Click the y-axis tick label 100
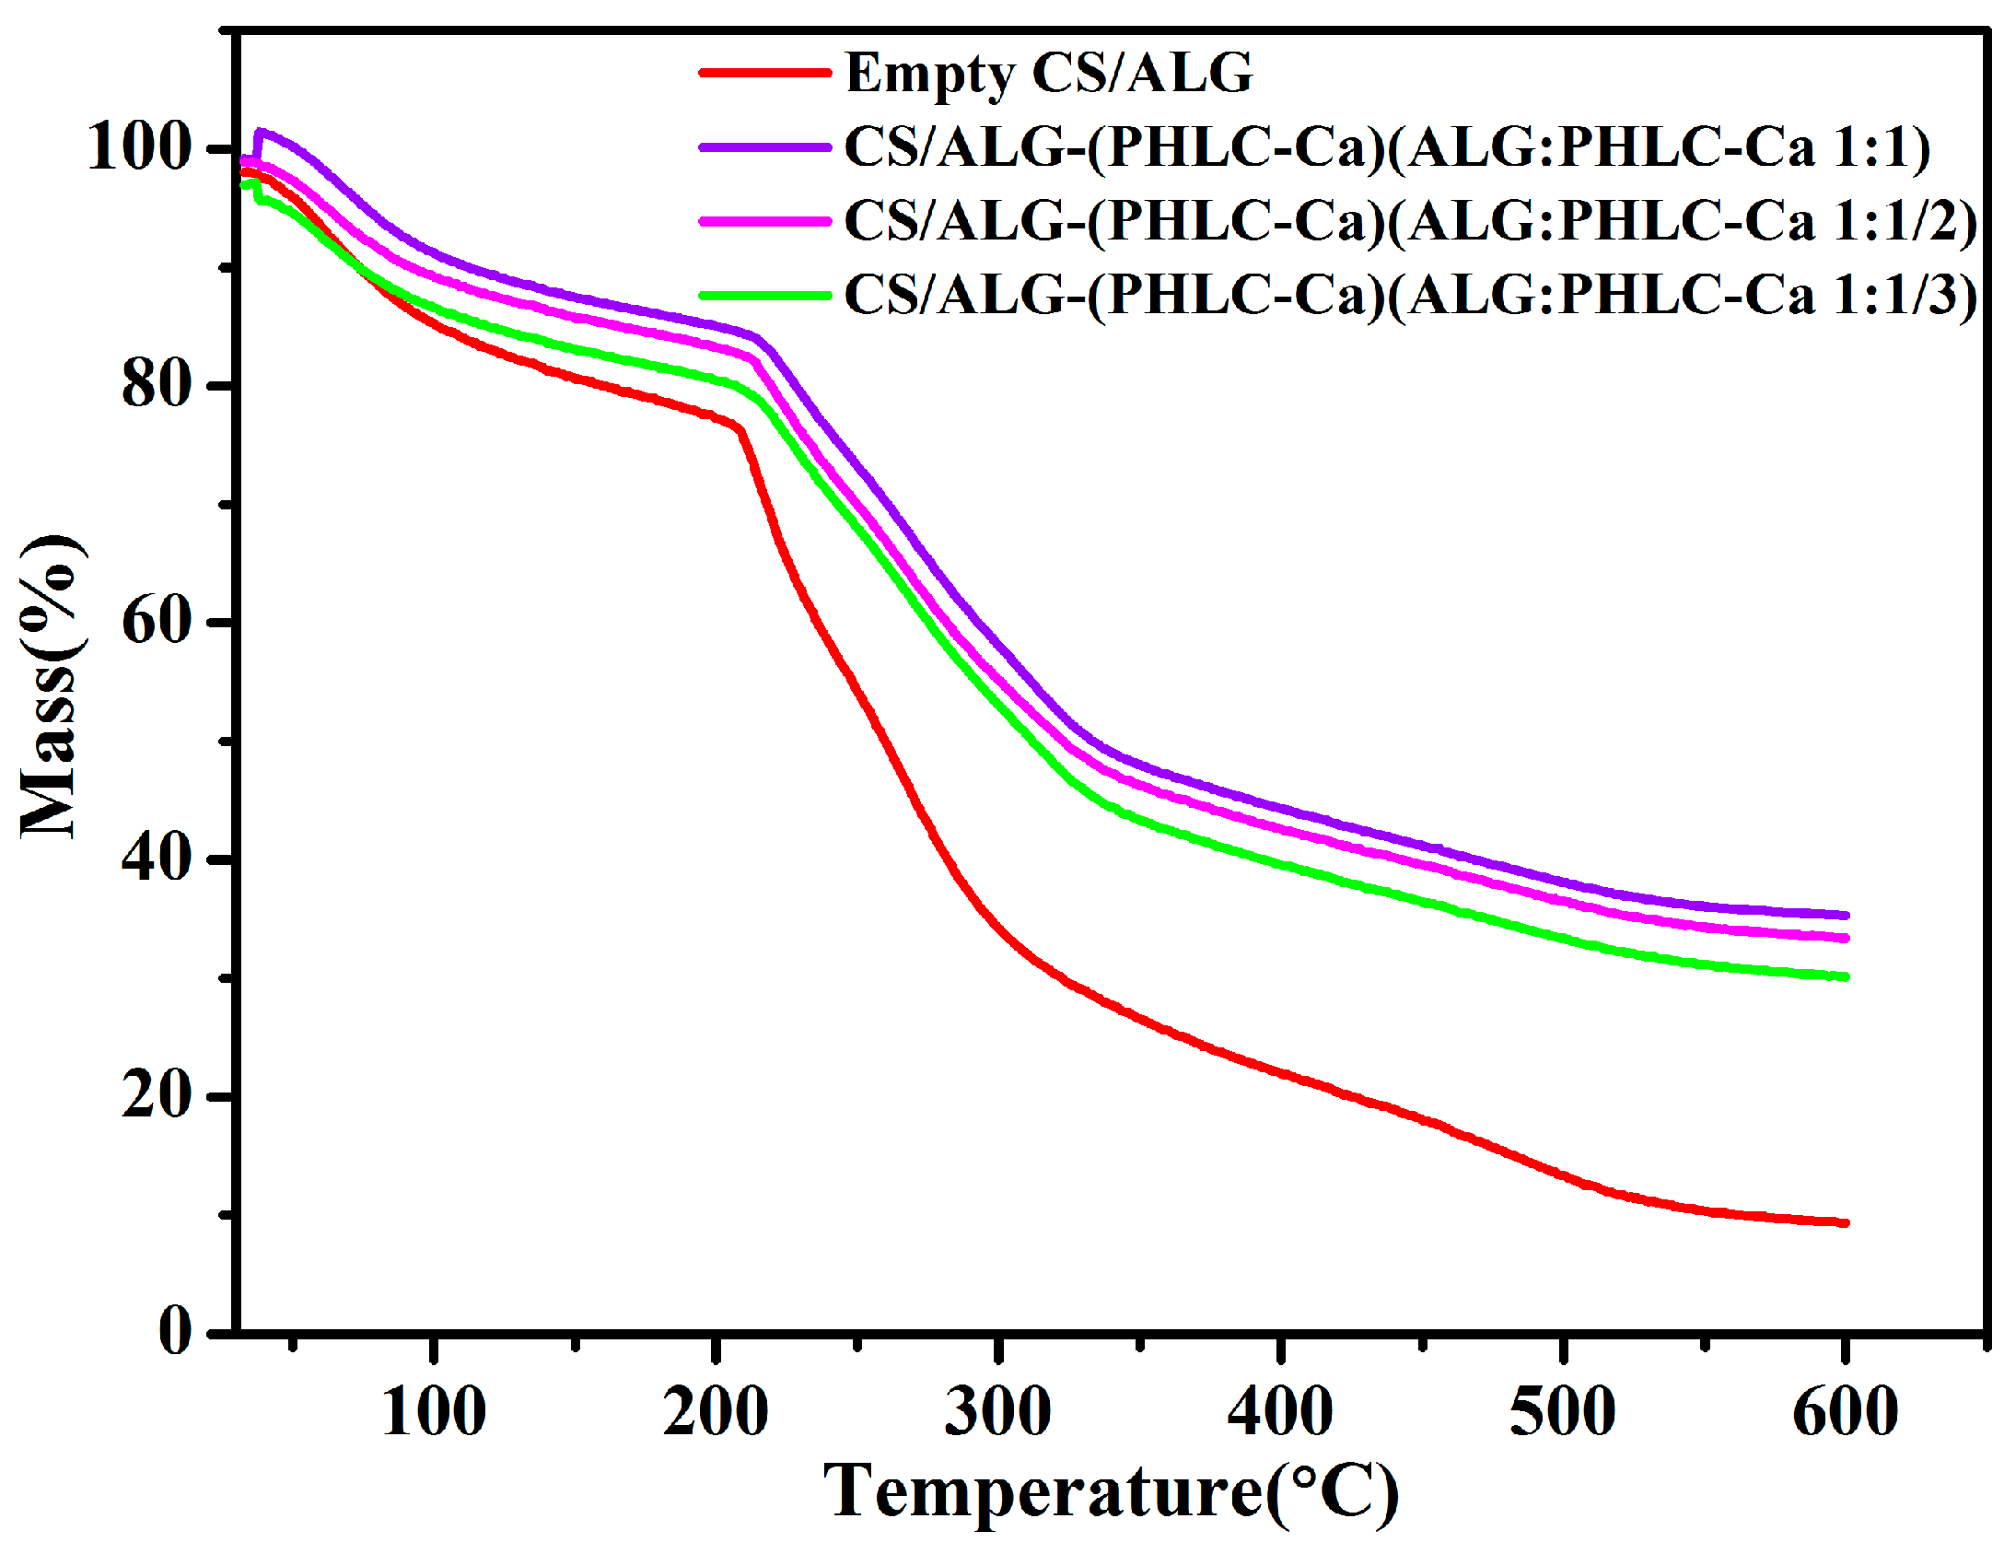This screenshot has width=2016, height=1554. click(x=138, y=147)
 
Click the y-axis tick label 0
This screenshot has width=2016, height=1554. click(x=175, y=1333)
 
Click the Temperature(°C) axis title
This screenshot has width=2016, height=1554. click(x=1112, y=1492)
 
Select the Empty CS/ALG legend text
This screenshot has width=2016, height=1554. click(x=1050, y=73)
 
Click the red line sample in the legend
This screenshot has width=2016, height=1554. click(x=764, y=72)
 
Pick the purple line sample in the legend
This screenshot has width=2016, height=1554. click(x=764, y=146)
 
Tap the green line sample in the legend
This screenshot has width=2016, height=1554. click(x=764, y=296)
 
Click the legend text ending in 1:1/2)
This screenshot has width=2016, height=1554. click(x=1410, y=222)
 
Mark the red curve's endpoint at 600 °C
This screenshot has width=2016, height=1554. click(x=1845, y=1222)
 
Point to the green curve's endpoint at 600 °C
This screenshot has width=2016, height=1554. click(x=1845, y=977)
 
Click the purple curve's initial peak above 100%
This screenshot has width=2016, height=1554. click(x=261, y=132)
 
